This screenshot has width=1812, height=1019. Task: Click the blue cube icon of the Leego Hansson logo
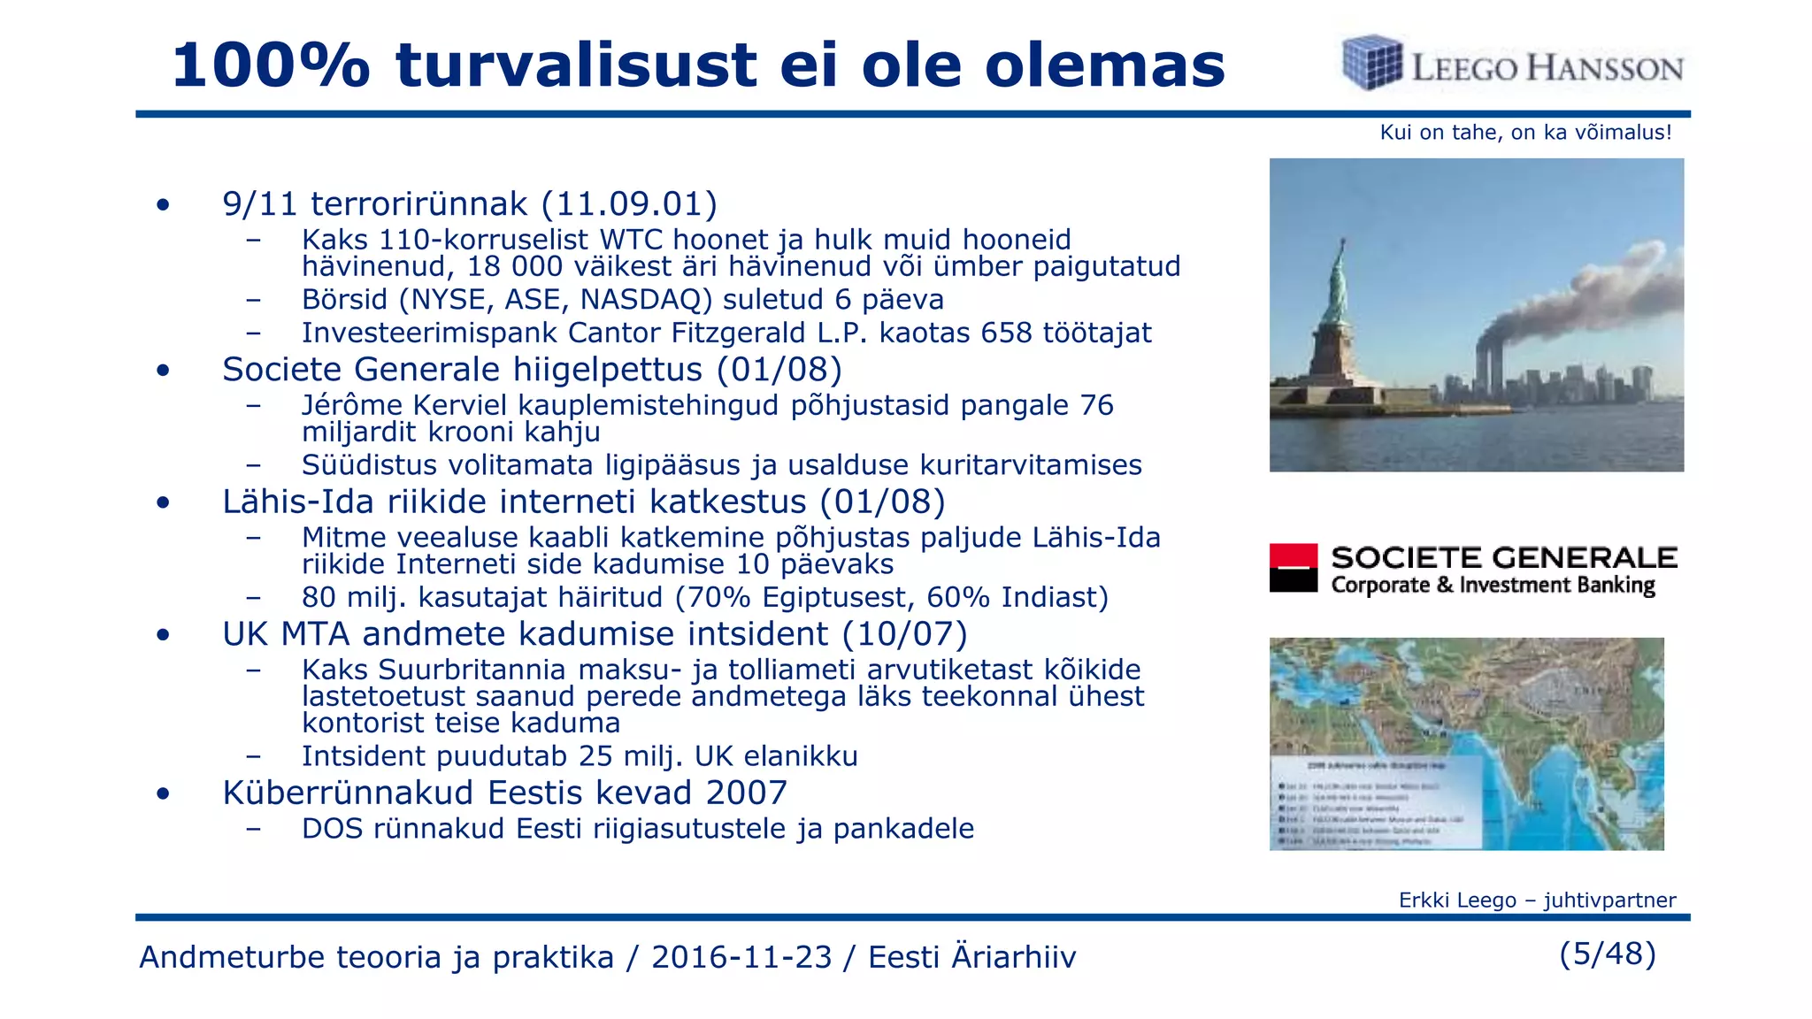tap(1371, 63)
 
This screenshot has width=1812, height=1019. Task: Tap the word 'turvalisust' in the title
tap(576, 66)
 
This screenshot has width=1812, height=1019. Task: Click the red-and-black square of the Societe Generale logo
tap(1293, 568)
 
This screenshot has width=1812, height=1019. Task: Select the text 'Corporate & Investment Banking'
tap(1493, 586)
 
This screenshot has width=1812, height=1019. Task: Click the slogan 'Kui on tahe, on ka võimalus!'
tap(1525, 133)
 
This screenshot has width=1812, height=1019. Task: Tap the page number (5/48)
tap(1607, 954)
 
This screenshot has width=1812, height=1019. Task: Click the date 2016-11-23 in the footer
tap(741, 957)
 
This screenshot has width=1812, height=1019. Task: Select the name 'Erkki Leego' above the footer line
tap(1456, 900)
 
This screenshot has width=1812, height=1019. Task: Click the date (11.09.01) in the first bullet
tap(629, 204)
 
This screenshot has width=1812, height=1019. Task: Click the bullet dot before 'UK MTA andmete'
tap(163, 635)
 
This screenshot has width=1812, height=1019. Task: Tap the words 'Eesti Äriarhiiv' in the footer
tap(971, 957)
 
